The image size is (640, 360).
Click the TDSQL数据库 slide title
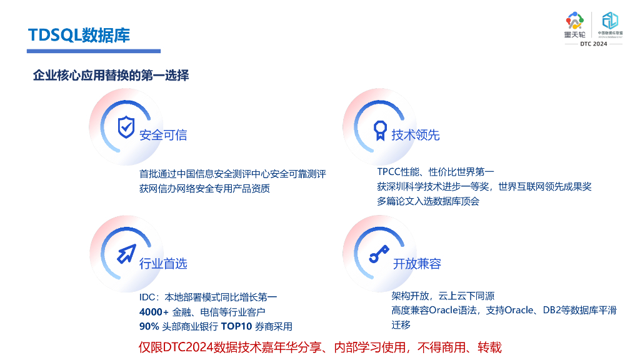[x=79, y=35]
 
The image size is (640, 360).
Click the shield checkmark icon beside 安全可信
[x=126, y=127]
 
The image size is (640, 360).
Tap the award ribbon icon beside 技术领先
[x=380, y=130]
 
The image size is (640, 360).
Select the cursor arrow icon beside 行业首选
[x=126, y=254]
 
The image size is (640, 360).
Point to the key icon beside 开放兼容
[x=378, y=255]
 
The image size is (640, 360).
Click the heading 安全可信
[x=163, y=135]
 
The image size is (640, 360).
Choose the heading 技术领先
[x=416, y=135]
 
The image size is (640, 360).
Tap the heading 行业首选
[x=163, y=264]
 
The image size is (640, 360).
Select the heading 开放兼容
[x=417, y=264]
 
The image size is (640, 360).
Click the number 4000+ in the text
[x=154, y=311]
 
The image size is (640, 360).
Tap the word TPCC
[x=389, y=171]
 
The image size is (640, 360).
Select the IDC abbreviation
[x=147, y=296]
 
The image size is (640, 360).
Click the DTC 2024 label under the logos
[x=593, y=44]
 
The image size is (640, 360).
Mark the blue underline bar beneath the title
[x=94, y=51]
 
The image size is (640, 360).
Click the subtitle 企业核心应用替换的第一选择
[x=111, y=76]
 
